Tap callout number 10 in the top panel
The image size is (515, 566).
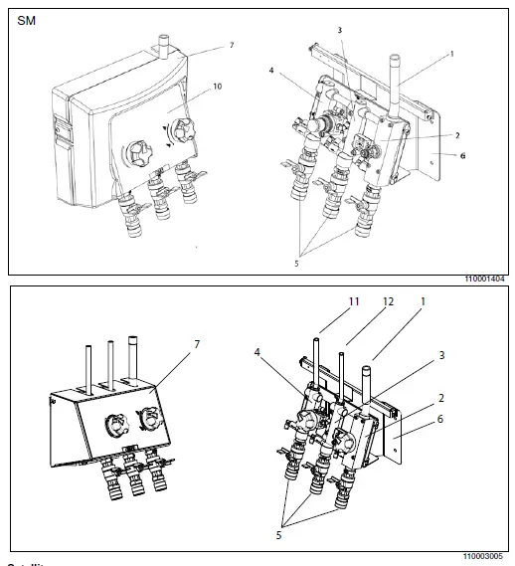[x=217, y=87]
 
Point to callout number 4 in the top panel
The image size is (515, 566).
[x=271, y=71]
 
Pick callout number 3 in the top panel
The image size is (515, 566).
[x=339, y=31]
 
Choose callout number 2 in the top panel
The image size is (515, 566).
[x=456, y=134]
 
